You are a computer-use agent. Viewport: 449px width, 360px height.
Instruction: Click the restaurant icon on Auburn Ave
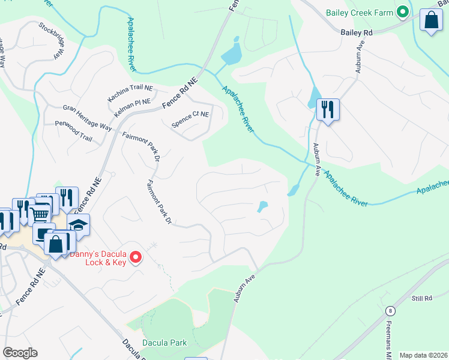tap(328, 110)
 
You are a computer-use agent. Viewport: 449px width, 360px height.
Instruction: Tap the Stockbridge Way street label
tap(52, 40)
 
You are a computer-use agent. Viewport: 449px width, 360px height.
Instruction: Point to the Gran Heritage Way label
tap(87, 118)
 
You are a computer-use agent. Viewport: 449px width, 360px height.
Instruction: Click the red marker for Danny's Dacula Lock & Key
tap(136, 257)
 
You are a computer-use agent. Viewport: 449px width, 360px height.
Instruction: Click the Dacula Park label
tap(164, 343)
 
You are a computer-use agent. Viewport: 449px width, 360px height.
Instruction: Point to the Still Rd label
tap(423, 298)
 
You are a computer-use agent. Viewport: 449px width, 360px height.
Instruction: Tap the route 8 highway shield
tap(391, 310)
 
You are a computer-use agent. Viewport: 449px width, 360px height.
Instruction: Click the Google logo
tap(20, 353)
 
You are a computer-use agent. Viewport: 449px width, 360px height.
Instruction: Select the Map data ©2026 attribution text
tap(423, 355)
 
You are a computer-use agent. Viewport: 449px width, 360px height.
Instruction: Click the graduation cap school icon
tap(78, 225)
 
